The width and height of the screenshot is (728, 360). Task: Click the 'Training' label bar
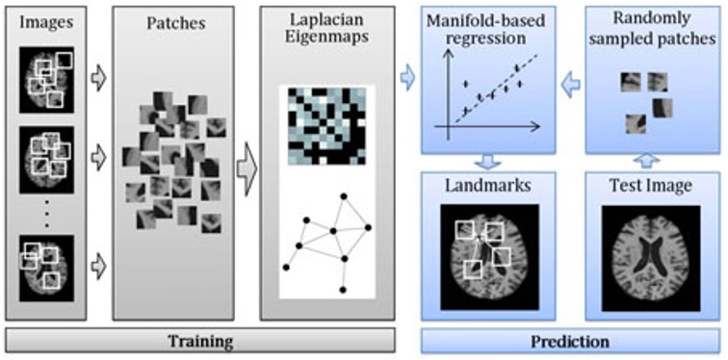199,341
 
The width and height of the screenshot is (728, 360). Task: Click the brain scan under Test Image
652,254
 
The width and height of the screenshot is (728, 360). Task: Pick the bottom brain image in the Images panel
47,261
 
